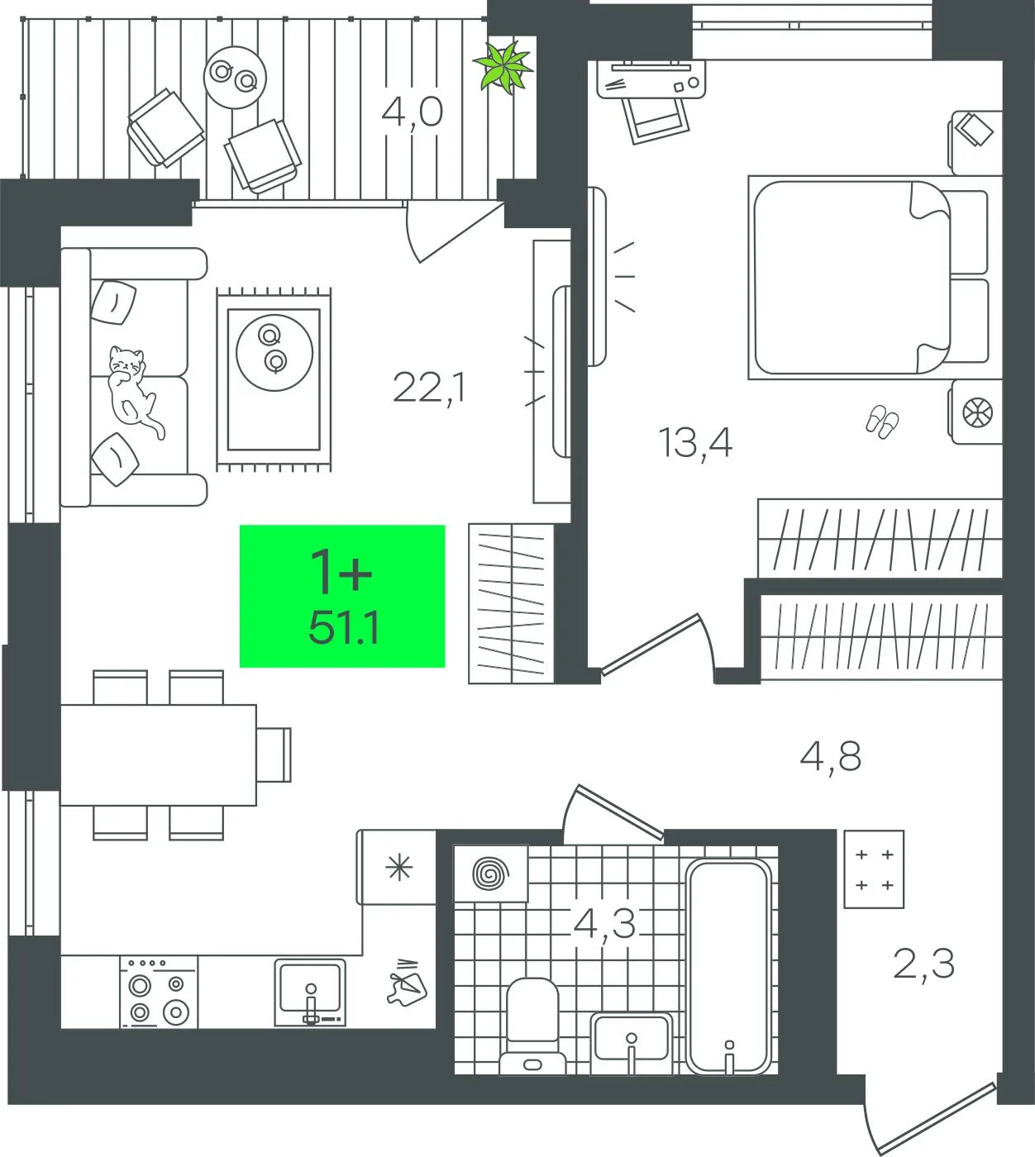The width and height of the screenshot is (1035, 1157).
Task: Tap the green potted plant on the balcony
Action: [x=503, y=68]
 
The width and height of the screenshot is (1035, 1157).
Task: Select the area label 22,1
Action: [x=429, y=388]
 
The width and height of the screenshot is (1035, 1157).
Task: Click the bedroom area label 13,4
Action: [x=695, y=443]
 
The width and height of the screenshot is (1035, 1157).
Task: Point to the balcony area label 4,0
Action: [x=413, y=112]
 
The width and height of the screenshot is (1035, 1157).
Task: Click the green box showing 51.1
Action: [x=342, y=596]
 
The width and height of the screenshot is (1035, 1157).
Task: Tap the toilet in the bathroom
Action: [x=532, y=1026]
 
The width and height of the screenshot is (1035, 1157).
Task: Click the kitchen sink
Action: [x=310, y=992]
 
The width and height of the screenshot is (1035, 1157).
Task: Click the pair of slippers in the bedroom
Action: [x=882, y=422]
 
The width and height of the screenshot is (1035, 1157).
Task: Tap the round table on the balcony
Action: [x=235, y=77]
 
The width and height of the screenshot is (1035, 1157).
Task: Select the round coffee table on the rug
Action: [x=274, y=352]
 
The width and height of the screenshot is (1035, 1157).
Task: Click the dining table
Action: [x=158, y=755]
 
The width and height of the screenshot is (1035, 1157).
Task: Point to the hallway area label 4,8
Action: [x=831, y=757]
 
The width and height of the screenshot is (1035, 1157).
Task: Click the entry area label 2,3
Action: [x=923, y=964]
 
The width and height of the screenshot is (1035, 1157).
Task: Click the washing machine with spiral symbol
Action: [x=491, y=874]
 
